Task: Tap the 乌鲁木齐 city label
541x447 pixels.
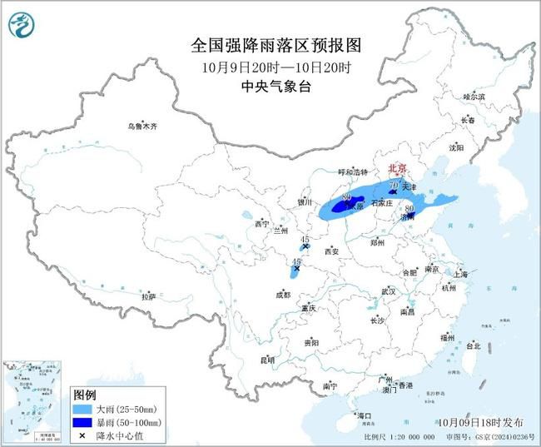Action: [142, 127]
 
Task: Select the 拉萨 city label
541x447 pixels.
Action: [148, 296]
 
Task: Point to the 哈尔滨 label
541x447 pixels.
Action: [474, 97]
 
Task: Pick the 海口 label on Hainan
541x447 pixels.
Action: [363, 415]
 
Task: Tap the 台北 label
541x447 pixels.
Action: [473, 345]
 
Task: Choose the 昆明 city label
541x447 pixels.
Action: [267, 360]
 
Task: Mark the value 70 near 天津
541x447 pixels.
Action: [394, 184]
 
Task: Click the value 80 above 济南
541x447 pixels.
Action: [409, 208]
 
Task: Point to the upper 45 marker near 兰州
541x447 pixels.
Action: [305, 239]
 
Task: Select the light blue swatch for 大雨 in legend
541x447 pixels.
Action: [83, 408]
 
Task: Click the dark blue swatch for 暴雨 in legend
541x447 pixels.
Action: [83, 422]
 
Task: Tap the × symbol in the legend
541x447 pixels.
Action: [83, 435]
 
